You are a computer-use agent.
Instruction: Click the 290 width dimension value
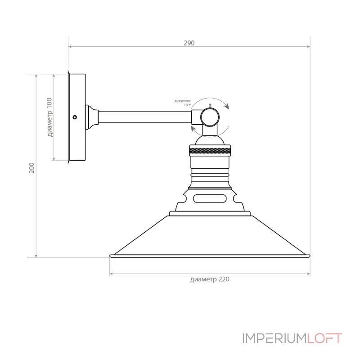(189, 43)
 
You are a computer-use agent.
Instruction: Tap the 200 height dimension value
(31, 168)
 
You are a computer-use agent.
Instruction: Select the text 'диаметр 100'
(49, 117)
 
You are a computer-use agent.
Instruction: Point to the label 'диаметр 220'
(210, 279)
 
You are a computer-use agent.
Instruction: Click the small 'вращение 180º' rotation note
(183, 102)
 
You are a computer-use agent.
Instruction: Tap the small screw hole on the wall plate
(75, 117)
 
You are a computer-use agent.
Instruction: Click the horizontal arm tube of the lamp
(144, 117)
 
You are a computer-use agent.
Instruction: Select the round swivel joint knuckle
(210, 117)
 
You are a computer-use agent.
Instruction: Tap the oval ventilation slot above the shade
(210, 198)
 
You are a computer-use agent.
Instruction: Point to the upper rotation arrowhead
(227, 107)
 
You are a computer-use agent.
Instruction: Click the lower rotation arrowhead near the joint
(193, 129)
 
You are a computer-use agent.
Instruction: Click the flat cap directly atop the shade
(210, 213)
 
